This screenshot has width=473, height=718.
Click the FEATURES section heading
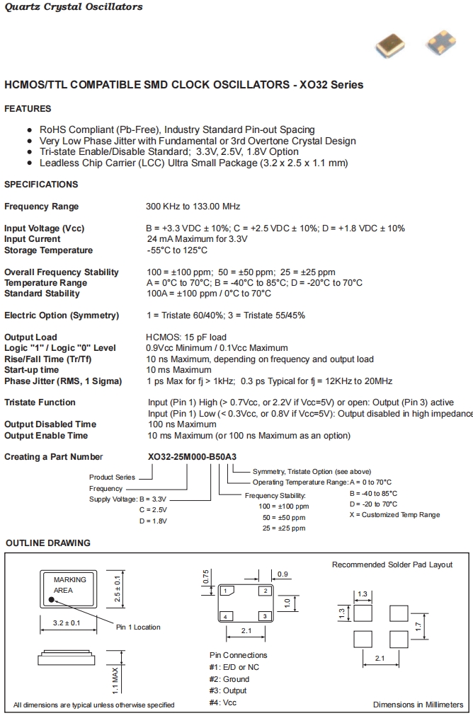click(28, 109)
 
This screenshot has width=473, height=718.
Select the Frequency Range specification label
click(42, 207)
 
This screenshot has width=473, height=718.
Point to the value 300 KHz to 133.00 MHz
click(193, 207)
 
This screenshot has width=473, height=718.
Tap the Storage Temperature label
click(48, 250)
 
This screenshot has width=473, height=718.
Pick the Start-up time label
click(32, 370)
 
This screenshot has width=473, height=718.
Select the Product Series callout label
click(111, 477)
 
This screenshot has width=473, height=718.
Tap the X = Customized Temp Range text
click(394, 514)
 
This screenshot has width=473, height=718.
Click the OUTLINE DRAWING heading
click(48, 543)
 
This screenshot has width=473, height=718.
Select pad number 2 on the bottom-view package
click(264, 591)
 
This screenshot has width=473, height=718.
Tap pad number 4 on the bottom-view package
click(225, 616)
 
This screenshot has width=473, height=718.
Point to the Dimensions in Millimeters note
click(418, 705)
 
